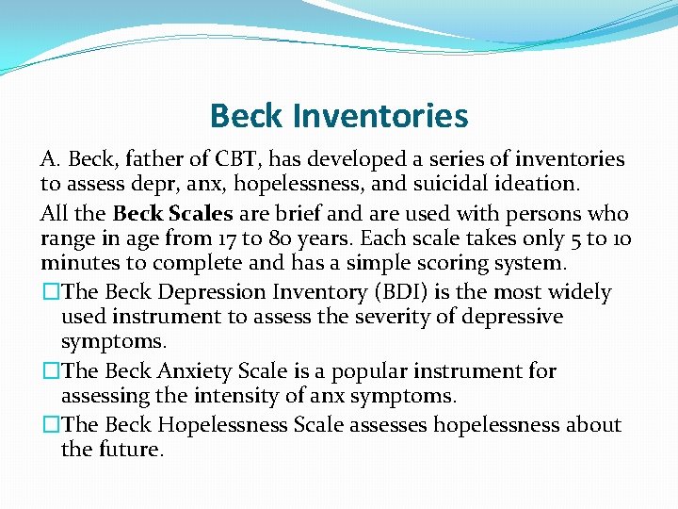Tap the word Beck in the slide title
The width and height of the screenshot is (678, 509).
click(x=248, y=116)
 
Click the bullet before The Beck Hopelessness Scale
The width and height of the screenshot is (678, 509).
click(x=49, y=425)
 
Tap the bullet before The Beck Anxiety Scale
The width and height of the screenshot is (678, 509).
click(x=49, y=371)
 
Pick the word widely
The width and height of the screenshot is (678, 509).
click(x=578, y=293)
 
